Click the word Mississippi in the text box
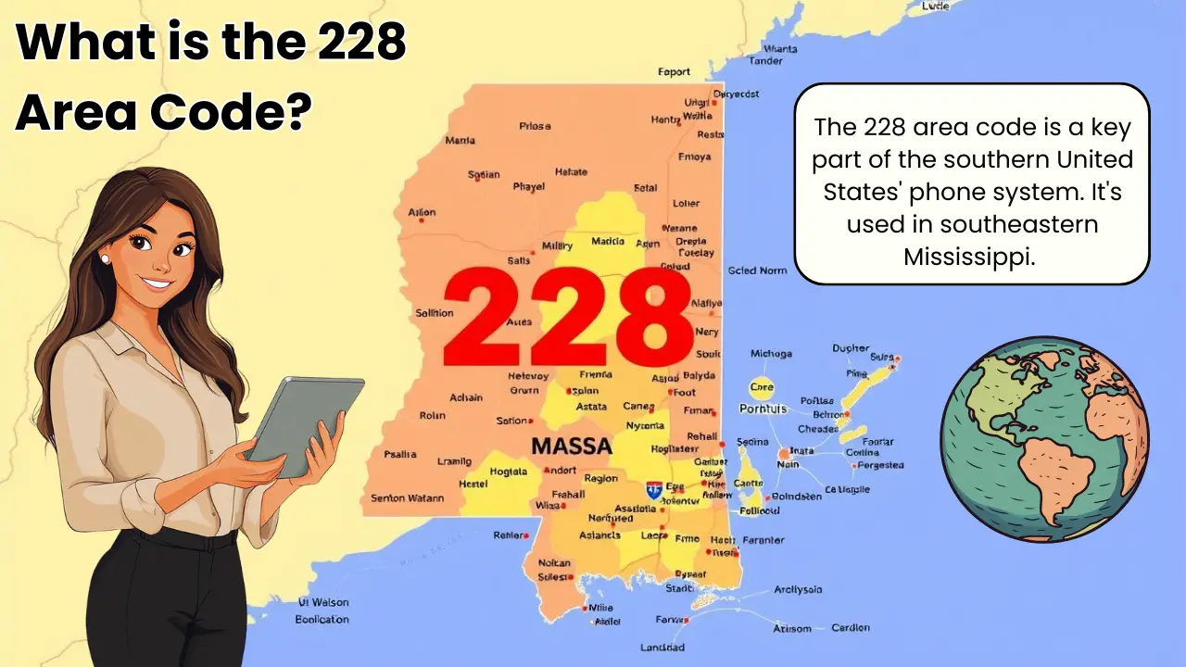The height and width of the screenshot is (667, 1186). click(x=968, y=257)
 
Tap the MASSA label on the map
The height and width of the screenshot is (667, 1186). click(x=571, y=446)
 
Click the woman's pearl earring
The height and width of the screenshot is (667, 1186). click(x=106, y=260)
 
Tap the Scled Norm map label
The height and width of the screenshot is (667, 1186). click(x=757, y=271)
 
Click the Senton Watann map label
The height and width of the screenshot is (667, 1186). click(x=407, y=498)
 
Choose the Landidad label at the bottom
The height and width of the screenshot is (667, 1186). click(x=662, y=648)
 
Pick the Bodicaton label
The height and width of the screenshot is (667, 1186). click(x=322, y=619)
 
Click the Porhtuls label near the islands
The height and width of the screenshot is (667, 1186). click(x=763, y=409)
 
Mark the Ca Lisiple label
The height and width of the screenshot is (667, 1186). click(x=847, y=489)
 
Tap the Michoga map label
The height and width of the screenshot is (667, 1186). click(x=771, y=354)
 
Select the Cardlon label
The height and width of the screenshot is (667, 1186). click(x=850, y=627)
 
